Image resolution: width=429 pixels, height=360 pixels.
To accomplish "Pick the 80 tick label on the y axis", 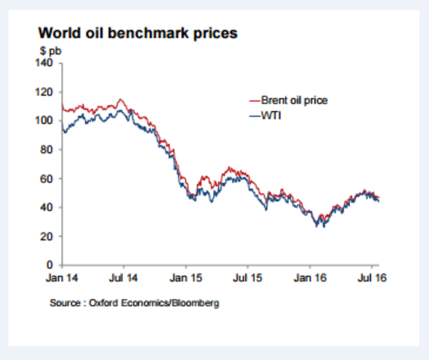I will pyautogui.click(x=47, y=150).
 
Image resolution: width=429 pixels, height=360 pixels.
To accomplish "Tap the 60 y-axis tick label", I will pyautogui.click(x=47, y=179).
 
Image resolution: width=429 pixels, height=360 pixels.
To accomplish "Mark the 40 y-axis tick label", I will pyautogui.click(x=47, y=207).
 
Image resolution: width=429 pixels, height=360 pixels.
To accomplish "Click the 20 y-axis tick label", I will pyautogui.click(x=47, y=236).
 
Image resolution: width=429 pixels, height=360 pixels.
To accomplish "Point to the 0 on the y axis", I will pyautogui.click(x=49, y=265).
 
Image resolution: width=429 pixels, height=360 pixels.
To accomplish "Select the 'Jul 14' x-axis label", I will pyautogui.click(x=124, y=279).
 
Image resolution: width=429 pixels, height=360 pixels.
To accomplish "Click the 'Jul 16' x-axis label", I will pyautogui.click(x=371, y=279).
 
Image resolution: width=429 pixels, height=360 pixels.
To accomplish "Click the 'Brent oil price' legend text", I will pyautogui.click(x=294, y=100).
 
